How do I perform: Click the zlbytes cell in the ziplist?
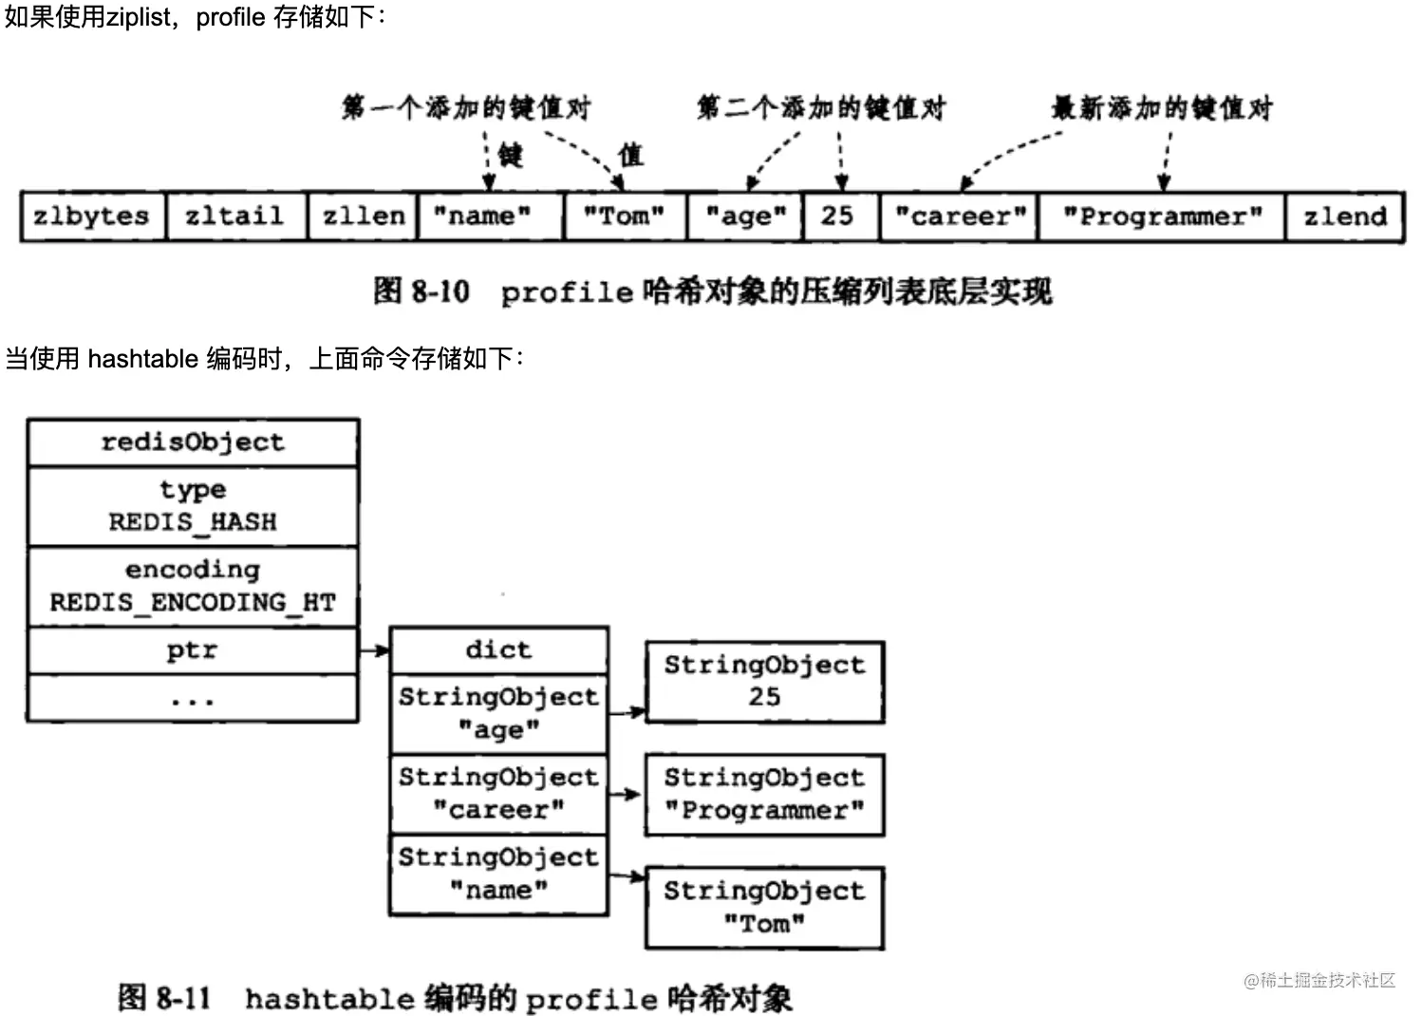(x=92, y=216)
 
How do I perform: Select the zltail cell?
(x=235, y=216)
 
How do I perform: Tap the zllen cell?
(x=364, y=216)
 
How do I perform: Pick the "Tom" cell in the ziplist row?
(x=624, y=216)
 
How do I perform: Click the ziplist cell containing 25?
(x=838, y=216)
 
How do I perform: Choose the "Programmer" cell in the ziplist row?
(x=1162, y=216)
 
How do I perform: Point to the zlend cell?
(x=1344, y=216)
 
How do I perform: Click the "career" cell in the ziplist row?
(x=960, y=216)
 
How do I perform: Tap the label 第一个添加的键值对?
(x=466, y=107)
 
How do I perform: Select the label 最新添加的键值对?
(x=1162, y=107)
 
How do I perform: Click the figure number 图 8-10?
(x=421, y=292)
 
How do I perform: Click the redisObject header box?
(x=193, y=442)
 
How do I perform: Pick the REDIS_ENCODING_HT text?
(x=193, y=603)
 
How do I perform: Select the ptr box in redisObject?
(x=193, y=650)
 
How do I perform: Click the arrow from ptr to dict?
(x=374, y=650)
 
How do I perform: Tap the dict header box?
(x=498, y=650)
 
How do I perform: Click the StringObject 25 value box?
(x=764, y=682)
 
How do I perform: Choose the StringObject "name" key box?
(x=498, y=875)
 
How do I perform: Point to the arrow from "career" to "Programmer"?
(x=626, y=794)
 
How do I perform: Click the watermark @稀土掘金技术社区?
(x=1319, y=981)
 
